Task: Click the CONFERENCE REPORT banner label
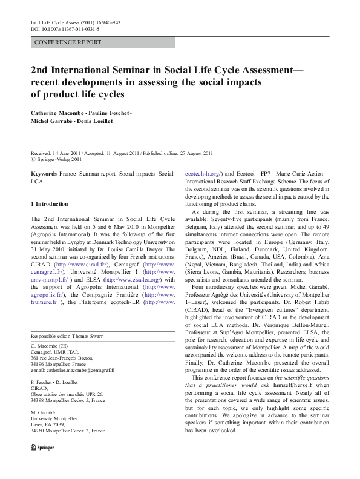tap(68, 43)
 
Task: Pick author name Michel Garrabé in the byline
tap(53, 122)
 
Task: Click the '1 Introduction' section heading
tap(50, 204)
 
